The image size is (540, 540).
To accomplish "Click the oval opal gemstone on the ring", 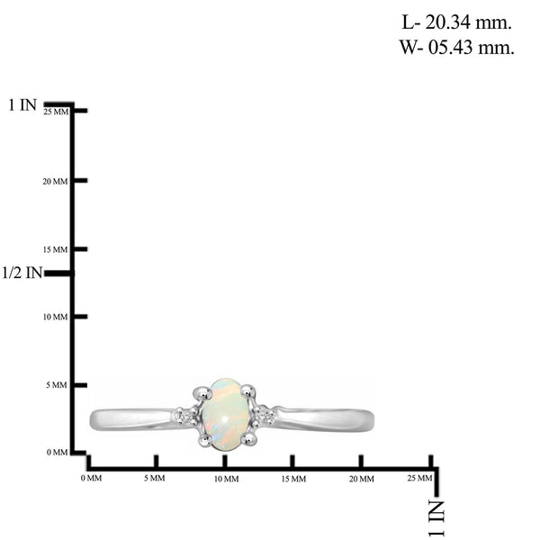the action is (225, 414).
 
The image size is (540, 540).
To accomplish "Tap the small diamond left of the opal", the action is (182, 416).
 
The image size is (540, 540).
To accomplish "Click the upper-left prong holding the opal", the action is (202, 393).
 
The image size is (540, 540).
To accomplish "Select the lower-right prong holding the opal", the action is (248, 439).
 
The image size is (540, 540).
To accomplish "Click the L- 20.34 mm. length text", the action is (456, 22).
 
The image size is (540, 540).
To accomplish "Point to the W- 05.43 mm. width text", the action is (456, 47).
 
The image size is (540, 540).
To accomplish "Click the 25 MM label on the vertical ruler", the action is (56, 112).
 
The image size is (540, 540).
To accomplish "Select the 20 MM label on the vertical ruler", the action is (55, 182).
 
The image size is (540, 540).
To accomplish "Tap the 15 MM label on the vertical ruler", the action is (56, 249).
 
